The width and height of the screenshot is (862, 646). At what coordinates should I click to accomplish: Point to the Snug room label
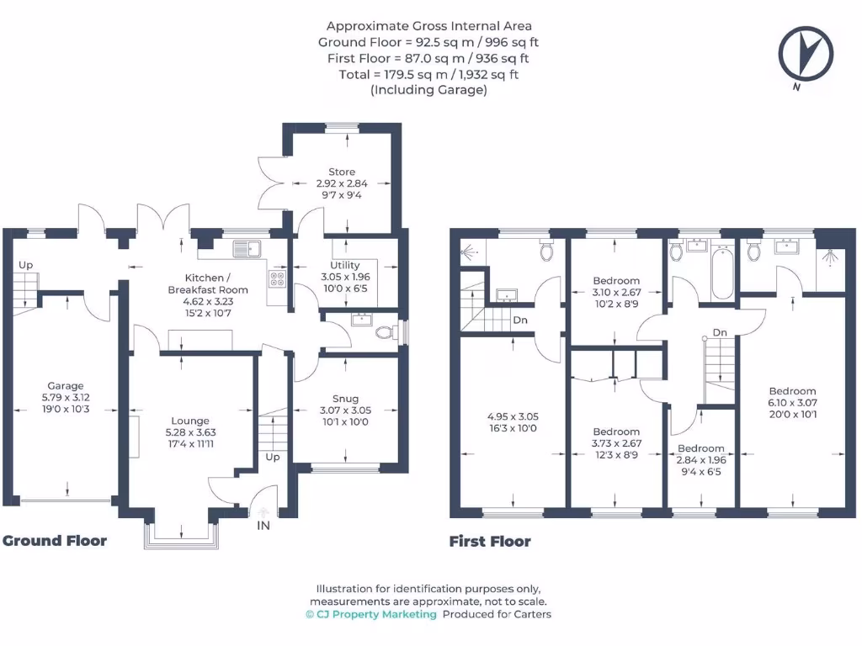[345, 399]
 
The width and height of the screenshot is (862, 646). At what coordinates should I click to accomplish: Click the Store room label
[342, 172]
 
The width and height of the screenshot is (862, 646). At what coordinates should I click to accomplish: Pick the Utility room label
[344, 265]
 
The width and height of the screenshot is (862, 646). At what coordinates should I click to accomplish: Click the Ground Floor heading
[55, 540]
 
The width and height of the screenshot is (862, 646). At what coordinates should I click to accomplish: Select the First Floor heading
[490, 542]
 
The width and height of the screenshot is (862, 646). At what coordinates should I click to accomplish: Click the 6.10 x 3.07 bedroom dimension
[792, 403]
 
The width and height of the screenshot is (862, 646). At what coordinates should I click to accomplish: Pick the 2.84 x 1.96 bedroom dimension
[701, 460]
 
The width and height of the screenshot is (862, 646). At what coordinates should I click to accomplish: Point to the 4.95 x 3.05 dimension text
[513, 416]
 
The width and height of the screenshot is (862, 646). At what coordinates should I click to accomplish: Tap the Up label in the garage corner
[25, 265]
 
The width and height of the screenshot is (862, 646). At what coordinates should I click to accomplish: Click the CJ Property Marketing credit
[370, 615]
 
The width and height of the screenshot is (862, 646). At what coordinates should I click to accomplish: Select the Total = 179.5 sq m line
[428, 74]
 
